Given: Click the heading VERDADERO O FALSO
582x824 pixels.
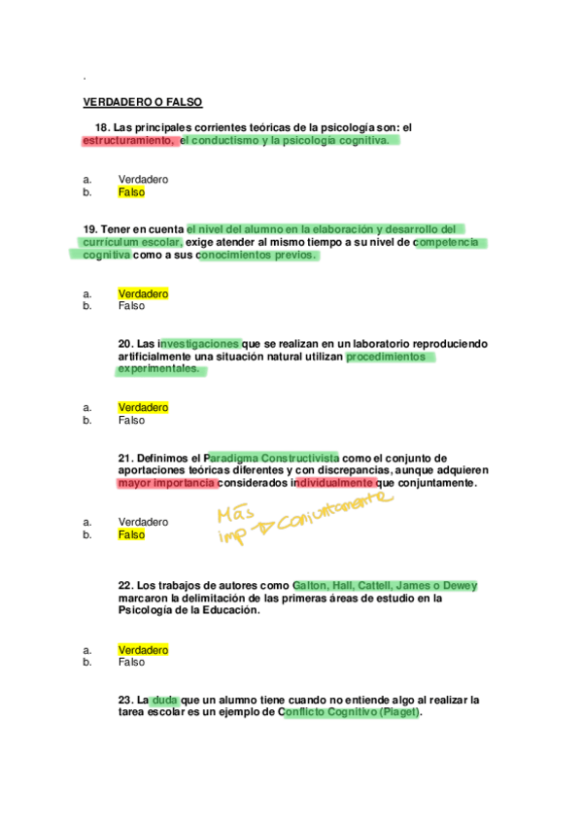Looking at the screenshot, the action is [x=143, y=102].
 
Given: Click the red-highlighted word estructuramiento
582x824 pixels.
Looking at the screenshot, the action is [x=128, y=140].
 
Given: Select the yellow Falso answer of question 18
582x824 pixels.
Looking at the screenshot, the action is [x=131, y=192].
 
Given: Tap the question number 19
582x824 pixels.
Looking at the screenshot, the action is [x=89, y=229].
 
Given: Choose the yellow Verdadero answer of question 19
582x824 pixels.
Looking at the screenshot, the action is [x=143, y=293].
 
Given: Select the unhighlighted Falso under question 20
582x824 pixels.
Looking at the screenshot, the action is [x=131, y=420].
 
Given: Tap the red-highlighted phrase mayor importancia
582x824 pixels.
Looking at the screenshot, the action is [x=166, y=483].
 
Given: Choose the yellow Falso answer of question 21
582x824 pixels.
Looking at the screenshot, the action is [x=131, y=534].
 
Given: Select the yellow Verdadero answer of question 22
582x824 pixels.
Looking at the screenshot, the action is [x=143, y=649].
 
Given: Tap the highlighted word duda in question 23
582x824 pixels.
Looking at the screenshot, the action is [x=165, y=700].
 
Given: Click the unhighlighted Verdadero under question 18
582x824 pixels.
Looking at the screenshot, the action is [x=143, y=180].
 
